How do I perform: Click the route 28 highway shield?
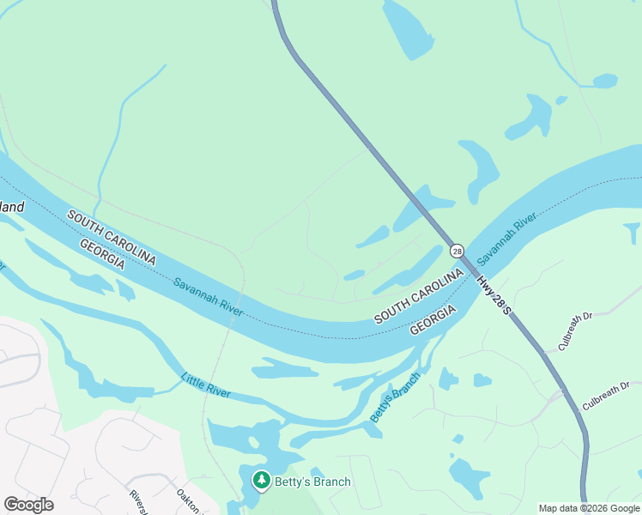tap(457, 251)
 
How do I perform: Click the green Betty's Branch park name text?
tap(312, 482)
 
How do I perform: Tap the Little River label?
tap(206, 385)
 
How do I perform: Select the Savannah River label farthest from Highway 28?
tap(208, 297)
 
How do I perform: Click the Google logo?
tap(28, 505)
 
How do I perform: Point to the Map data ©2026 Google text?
tap(589, 508)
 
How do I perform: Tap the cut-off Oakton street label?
tap(187, 500)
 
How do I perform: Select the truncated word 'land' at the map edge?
tap(12, 207)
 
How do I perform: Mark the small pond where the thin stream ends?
tap(604, 82)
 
